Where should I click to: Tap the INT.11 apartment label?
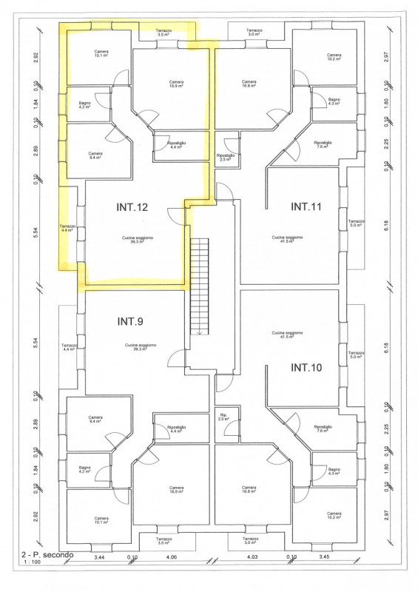306,206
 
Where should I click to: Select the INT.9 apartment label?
130,321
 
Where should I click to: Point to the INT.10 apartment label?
306,367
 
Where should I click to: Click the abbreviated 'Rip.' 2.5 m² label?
223,417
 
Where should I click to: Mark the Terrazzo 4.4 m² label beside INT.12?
67,228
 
